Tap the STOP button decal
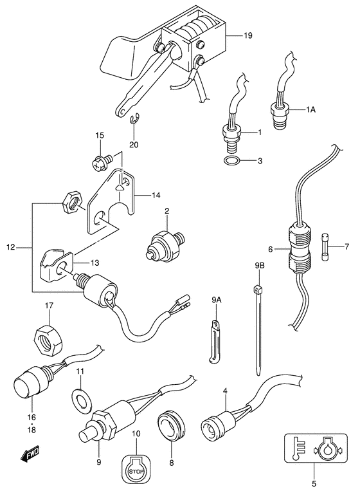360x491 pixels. tap(137, 470)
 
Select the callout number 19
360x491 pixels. tap(248, 35)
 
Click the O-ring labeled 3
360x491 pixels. tap(232, 161)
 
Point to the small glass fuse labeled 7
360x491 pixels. tap(325, 246)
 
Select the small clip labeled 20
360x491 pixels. tap(134, 119)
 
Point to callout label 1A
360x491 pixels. tap(310, 110)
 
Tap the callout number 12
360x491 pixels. tap(10, 248)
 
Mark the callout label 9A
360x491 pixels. tap(216, 301)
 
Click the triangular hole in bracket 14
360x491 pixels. tap(120, 187)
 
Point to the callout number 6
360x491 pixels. tap(270, 250)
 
